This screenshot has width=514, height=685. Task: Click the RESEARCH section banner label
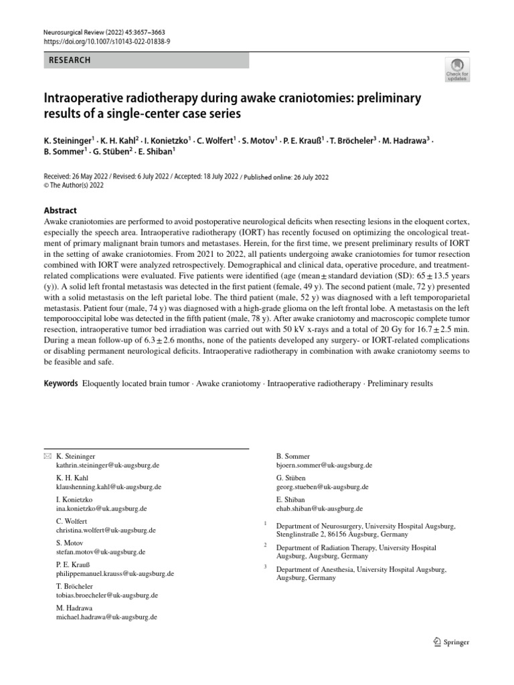70,60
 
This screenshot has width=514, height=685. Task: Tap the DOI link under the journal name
107,41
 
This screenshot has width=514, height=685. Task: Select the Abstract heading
60,209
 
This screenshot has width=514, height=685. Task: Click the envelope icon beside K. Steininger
46,456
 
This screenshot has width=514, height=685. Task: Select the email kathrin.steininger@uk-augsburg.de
108,464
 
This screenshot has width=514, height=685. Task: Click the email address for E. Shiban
319,508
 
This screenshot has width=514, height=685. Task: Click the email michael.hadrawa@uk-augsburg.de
106,617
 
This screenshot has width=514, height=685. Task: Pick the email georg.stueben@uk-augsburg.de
322,486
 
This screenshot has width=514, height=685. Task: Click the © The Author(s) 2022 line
74,185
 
